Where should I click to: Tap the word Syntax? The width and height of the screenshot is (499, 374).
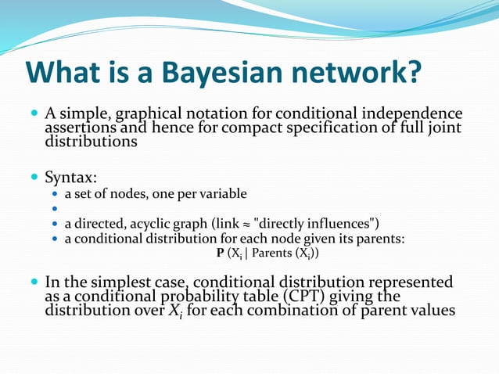coord(71,178)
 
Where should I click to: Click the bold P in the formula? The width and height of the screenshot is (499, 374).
coord(220,254)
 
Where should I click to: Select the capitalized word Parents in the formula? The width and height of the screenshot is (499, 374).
coord(271,254)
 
